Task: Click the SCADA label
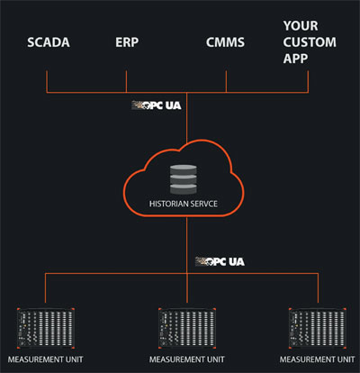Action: point(49,42)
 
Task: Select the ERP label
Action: point(127,42)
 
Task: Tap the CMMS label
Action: point(225,42)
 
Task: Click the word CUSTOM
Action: point(310,42)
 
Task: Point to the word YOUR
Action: point(301,26)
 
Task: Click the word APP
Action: point(295,59)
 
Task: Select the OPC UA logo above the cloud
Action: point(157,105)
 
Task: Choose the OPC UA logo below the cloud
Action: point(220,261)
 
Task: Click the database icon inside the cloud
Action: point(184,179)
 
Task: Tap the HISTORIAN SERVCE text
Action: point(184,204)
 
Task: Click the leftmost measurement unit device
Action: point(46,328)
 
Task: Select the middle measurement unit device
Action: point(187,328)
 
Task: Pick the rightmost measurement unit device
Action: point(318,328)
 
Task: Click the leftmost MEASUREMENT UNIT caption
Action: point(45,359)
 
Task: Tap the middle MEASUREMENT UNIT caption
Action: point(186,359)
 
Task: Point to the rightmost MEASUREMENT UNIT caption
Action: point(317,359)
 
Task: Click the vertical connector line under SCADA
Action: point(47,82)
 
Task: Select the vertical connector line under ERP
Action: point(126,82)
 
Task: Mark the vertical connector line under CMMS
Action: point(226,82)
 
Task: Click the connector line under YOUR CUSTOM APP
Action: point(308,82)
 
